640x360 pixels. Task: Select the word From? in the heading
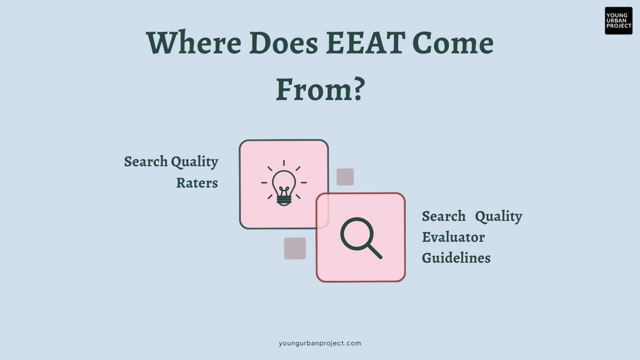point(320,89)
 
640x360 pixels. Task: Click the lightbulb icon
point(284,184)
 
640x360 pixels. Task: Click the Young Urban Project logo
point(618,20)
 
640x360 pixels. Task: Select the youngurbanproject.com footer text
point(320,343)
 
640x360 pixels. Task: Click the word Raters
point(197,183)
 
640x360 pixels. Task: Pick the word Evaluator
point(453,237)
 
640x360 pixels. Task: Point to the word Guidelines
point(456,258)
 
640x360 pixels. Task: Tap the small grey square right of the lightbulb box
point(345,177)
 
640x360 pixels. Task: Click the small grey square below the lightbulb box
point(295,248)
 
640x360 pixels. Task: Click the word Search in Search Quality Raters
point(146,161)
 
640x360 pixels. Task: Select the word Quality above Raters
point(195,162)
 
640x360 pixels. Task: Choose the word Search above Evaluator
point(444,216)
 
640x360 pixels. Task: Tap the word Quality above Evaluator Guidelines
point(499,217)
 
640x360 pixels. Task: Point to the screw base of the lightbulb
point(284,201)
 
